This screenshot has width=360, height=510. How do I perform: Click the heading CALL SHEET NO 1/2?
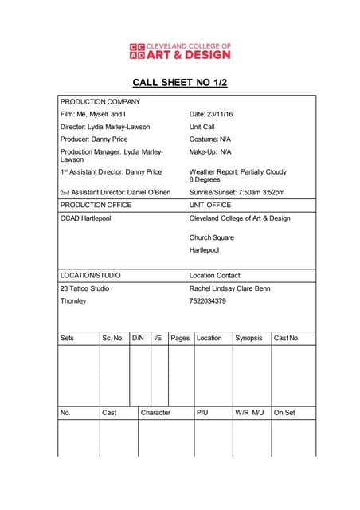coord(179,82)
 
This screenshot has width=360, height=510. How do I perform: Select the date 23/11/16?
coord(220,114)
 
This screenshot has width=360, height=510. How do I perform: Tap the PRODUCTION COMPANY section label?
coord(100,101)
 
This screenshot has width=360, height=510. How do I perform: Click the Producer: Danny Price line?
coord(94,139)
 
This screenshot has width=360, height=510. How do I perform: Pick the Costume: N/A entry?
coord(209,139)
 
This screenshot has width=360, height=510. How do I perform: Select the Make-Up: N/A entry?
coord(210,151)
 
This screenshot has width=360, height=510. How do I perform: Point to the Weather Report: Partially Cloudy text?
coord(237,171)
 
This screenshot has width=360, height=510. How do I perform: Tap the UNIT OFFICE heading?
coord(210,205)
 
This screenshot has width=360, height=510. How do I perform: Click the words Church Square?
coord(212,237)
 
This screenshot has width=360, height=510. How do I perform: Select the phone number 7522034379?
coord(208,301)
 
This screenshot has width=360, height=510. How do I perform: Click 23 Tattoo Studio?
coord(85,288)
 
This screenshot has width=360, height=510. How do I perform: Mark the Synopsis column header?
coord(248,338)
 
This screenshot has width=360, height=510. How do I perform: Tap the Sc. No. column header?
coord(113,338)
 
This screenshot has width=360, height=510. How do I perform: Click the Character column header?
coord(155,413)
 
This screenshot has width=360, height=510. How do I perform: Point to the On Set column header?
coord(284,413)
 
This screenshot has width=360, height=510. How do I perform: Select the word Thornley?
coord(73,301)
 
